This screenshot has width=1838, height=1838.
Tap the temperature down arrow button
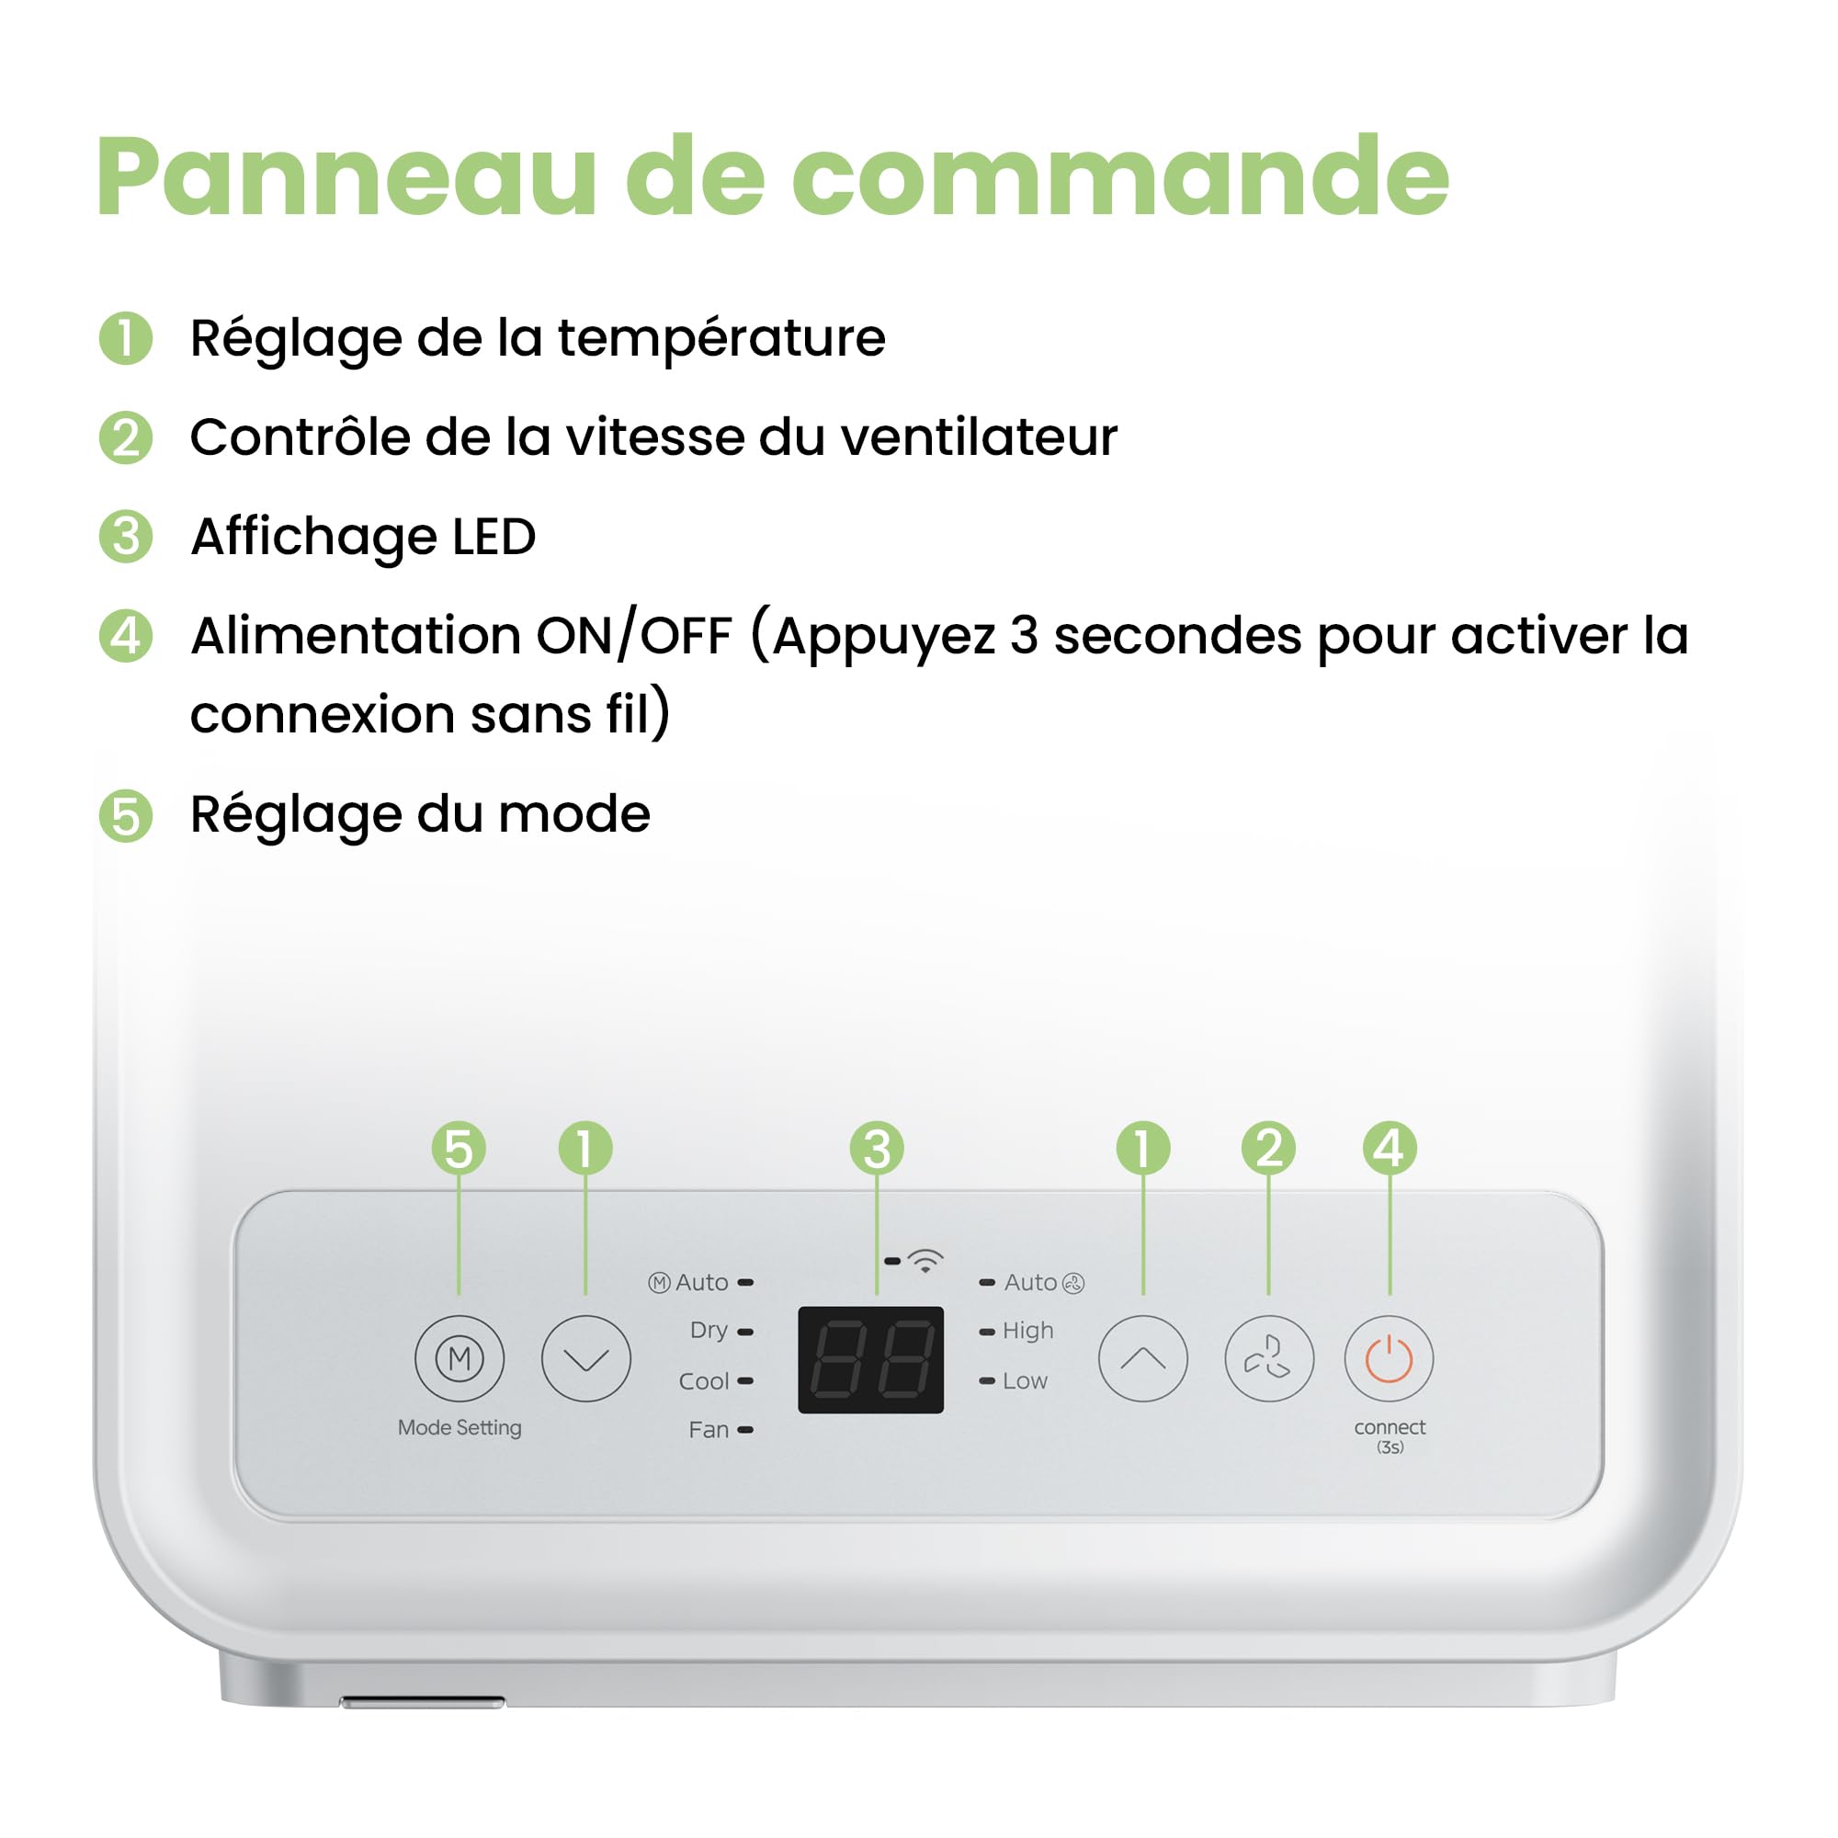pyautogui.click(x=586, y=1358)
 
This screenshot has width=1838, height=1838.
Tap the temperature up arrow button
pyautogui.click(x=1142, y=1358)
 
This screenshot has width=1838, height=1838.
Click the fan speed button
pyautogui.click(x=1269, y=1358)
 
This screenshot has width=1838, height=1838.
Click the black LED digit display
pyautogui.click(x=870, y=1359)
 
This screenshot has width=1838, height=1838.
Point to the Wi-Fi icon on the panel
pyautogui.click(x=925, y=1262)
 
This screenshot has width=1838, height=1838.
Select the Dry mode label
pyautogui.click(x=709, y=1330)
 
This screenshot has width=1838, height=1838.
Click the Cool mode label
pyautogui.click(x=704, y=1381)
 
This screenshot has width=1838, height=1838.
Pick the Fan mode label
pyautogui.click(x=709, y=1430)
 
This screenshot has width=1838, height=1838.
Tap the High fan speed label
pyautogui.click(x=1027, y=1331)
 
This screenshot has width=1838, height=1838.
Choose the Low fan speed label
pyautogui.click(x=1025, y=1380)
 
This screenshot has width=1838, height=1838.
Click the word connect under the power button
pyautogui.click(x=1390, y=1427)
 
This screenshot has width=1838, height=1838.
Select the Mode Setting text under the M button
pyautogui.click(x=459, y=1428)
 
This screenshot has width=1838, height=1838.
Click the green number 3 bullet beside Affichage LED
pyautogui.click(x=126, y=537)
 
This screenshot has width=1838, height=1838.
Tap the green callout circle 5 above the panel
pyautogui.click(x=459, y=1148)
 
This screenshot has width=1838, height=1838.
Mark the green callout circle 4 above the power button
pyautogui.click(x=1390, y=1147)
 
